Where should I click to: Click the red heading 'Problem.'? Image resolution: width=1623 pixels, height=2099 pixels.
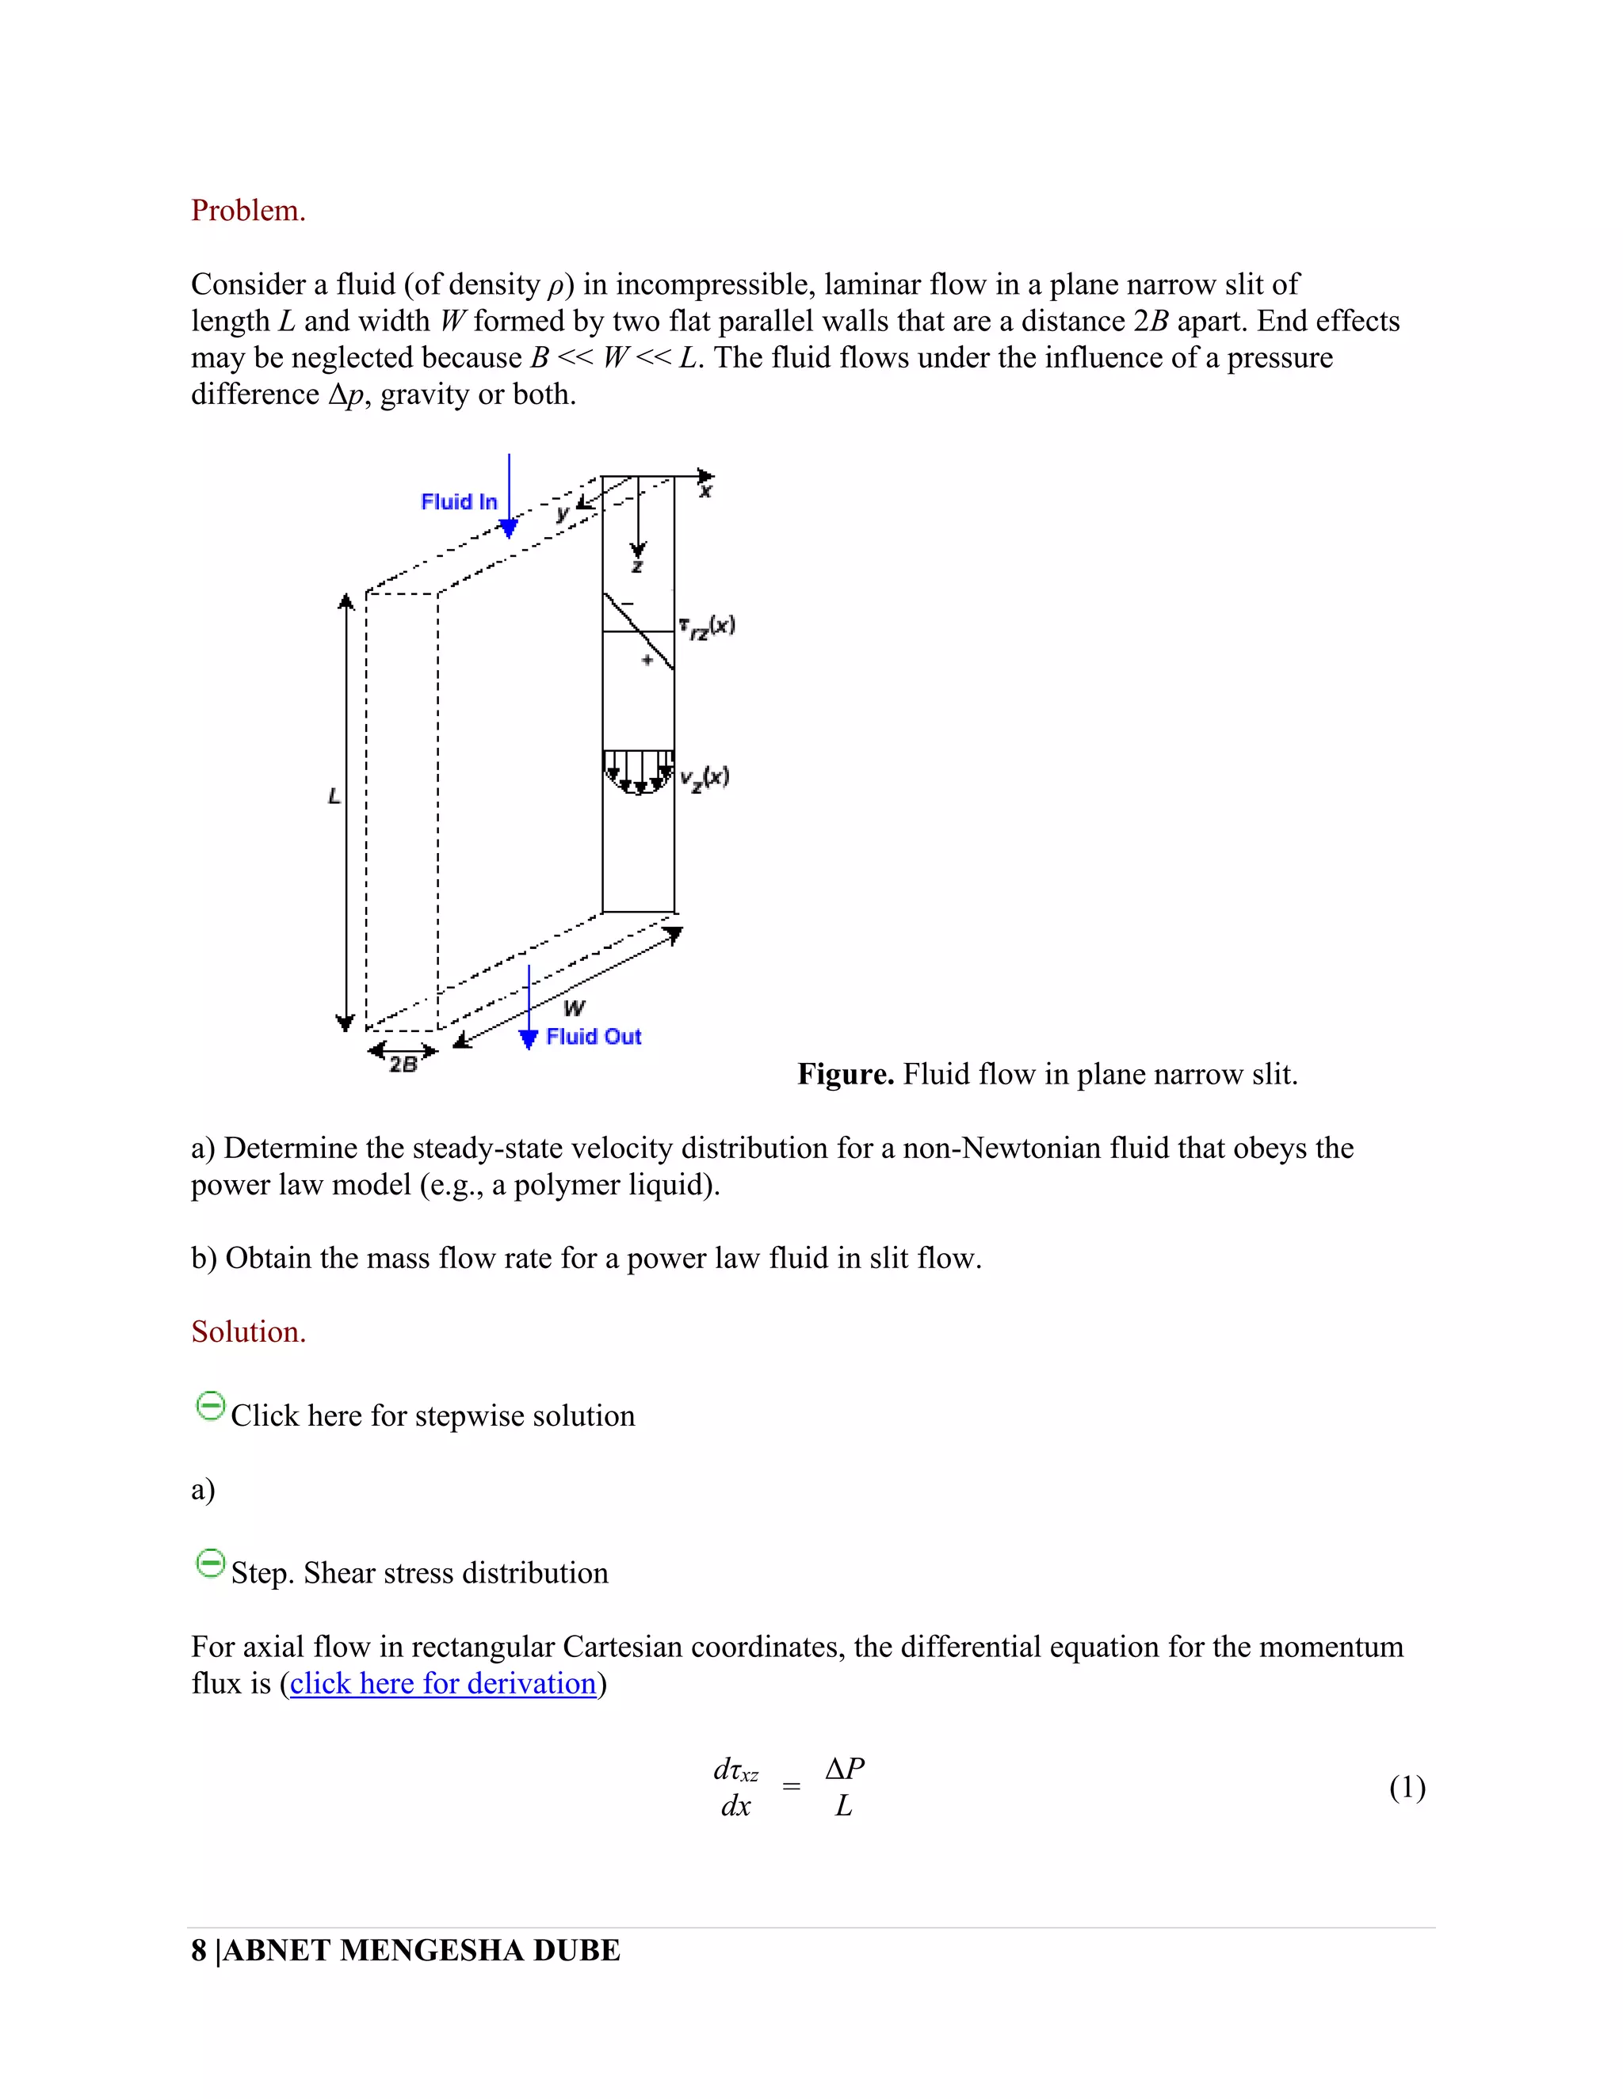point(248,211)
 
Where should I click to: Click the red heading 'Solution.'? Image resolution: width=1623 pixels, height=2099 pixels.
point(248,1331)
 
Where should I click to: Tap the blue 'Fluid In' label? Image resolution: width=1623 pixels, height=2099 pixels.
point(459,501)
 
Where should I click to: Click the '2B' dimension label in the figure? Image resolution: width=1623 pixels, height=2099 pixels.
point(403,1064)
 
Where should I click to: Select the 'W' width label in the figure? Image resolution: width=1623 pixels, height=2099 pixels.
point(574,1008)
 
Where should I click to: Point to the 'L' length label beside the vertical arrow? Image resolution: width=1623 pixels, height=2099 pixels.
point(334,796)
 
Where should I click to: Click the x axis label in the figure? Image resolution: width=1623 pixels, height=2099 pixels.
point(706,492)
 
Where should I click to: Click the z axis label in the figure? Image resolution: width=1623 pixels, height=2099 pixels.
point(636,567)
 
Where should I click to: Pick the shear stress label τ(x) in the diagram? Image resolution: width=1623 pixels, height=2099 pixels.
point(707,627)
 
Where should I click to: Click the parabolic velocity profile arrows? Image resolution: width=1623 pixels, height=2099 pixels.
point(637,771)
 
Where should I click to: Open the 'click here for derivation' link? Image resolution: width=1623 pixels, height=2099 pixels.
point(443,1683)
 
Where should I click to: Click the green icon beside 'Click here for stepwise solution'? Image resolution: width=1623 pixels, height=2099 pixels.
point(209,1406)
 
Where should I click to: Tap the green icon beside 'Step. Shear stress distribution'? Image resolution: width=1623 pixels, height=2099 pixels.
point(209,1563)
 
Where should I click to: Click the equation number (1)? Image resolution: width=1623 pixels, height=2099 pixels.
point(1407,1787)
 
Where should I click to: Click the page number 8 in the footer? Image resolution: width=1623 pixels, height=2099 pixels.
point(198,1950)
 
